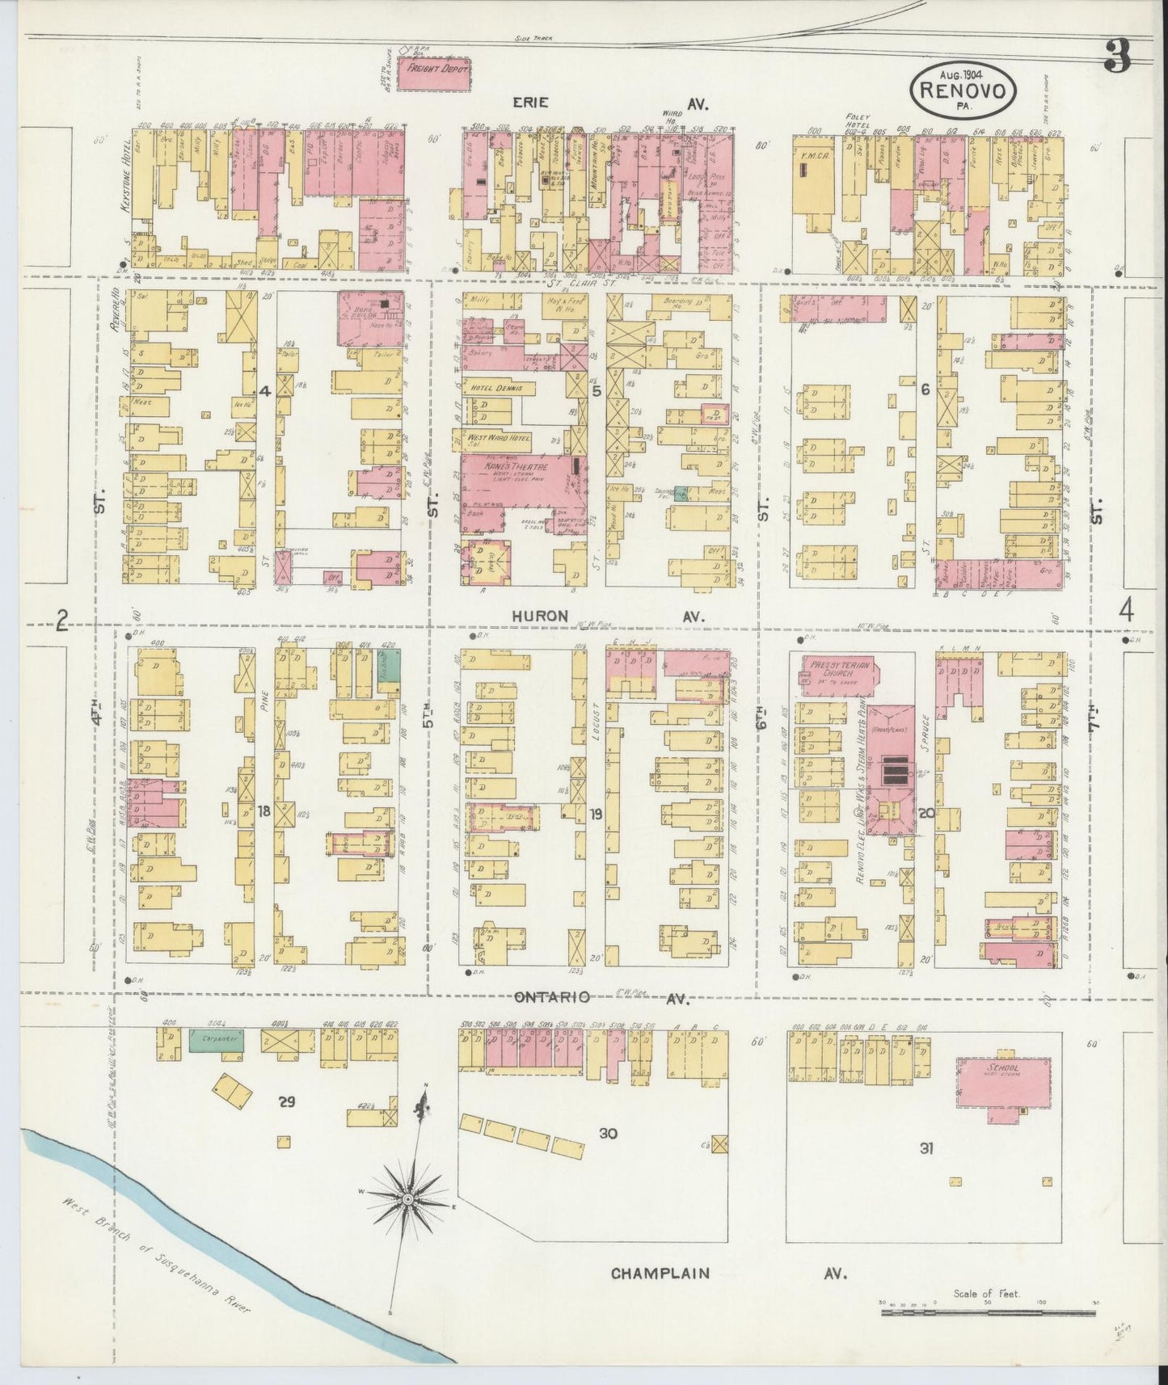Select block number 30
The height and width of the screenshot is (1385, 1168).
608,1134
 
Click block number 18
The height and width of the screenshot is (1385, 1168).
264,811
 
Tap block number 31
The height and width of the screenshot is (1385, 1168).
926,1147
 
